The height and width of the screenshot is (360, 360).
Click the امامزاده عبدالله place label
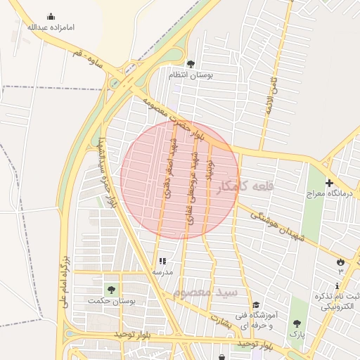(x=50, y=27)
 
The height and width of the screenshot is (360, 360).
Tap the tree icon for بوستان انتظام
(x=191, y=64)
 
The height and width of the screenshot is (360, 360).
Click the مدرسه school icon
(x=162, y=260)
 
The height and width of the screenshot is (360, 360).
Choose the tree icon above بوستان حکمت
(x=110, y=289)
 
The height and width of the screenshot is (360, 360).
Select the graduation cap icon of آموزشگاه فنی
(x=256, y=305)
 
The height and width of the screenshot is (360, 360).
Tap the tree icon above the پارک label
(x=297, y=324)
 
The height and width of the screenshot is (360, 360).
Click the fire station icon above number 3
(x=341, y=262)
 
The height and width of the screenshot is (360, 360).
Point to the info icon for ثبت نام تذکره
(x=337, y=285)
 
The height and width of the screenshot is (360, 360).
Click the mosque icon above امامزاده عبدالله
(x=51, y=16)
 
